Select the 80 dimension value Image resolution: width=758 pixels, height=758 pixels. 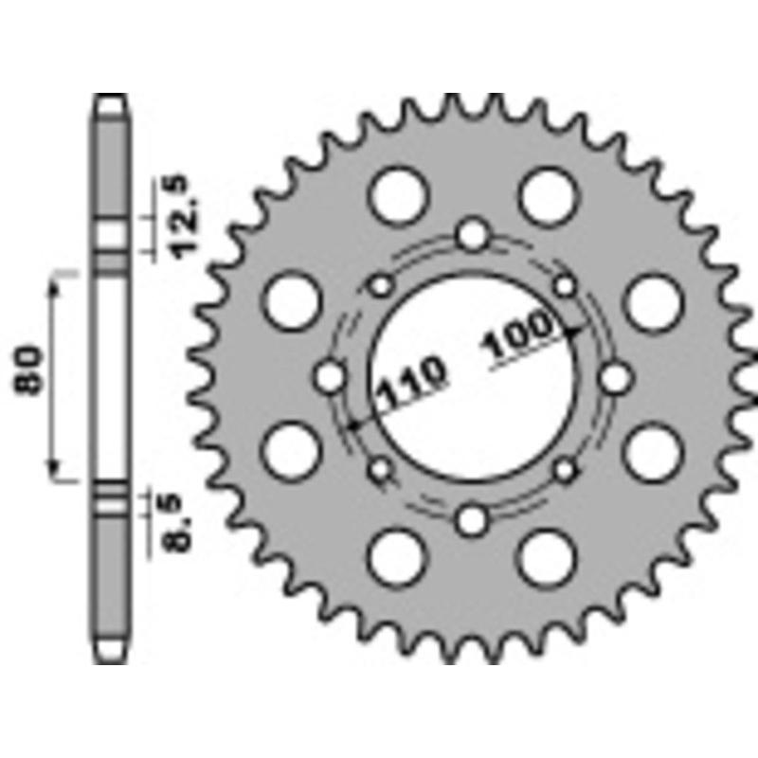(28, 373)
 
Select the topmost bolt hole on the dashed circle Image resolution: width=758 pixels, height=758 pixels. (473, 234)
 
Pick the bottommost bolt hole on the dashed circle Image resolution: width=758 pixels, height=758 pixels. (473, 519)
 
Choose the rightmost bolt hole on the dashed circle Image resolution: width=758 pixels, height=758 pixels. (616, 377)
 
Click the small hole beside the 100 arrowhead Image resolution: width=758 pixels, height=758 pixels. (565, 285)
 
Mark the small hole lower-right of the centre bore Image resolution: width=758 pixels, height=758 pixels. (565, 469)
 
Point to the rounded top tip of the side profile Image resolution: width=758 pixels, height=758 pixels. (111, 98)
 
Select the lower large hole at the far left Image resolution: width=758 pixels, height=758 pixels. (291, 451)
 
